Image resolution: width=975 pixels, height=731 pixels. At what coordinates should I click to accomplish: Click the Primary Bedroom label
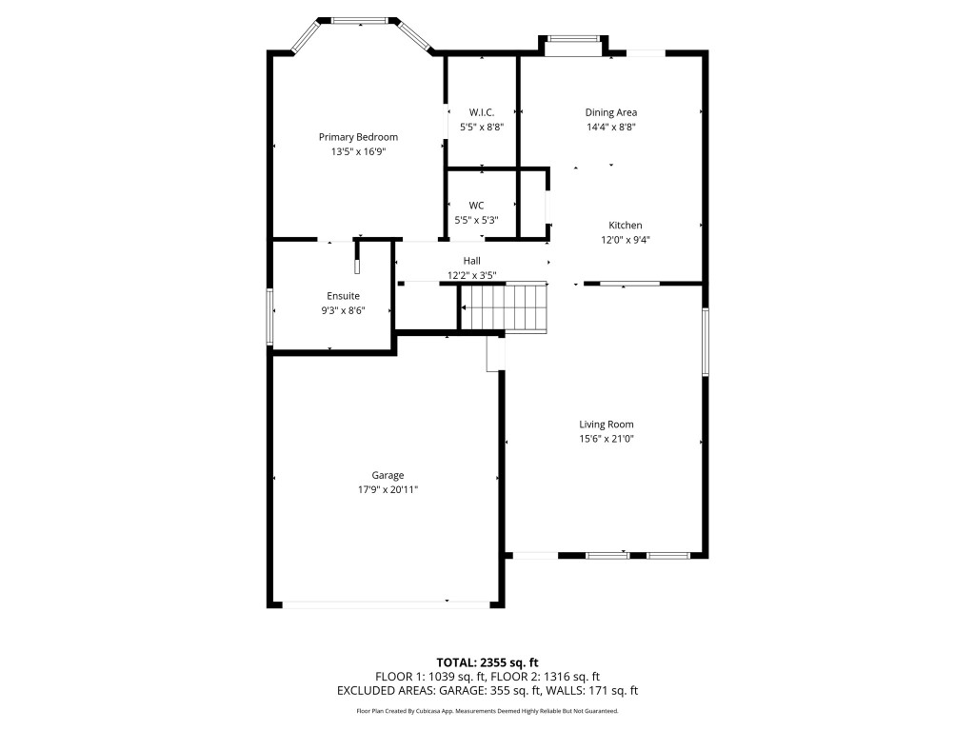pos(358,137)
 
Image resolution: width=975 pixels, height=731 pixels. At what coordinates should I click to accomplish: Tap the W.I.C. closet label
pos(482,112)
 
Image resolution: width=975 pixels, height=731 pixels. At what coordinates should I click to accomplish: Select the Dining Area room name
pos(610,112)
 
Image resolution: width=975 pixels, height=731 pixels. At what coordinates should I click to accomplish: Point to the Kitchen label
pos(626,226)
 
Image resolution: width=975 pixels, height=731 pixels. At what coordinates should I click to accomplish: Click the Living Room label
pos(607,425)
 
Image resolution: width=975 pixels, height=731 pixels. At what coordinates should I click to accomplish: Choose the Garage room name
pos(388,475)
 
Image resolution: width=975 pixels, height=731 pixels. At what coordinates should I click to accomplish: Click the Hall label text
pos(471,261)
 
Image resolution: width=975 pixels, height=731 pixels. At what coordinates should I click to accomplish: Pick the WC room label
pos(476,206)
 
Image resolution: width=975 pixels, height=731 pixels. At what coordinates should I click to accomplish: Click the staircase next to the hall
pos(505,308)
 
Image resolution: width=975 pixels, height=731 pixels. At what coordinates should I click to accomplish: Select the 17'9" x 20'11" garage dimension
pos(388,489)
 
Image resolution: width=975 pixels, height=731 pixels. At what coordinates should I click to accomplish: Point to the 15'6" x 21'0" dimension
pos(607,439)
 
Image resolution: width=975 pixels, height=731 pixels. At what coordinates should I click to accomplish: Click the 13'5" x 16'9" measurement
pos(358,151)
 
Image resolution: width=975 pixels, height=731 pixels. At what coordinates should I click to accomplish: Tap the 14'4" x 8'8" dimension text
pos(610,127)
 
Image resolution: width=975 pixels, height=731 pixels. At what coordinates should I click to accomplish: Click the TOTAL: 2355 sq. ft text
pos(487,662)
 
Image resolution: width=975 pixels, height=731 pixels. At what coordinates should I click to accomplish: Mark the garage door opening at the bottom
pos(385,603)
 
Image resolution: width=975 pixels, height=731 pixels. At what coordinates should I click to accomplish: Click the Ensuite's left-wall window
pos(270,317)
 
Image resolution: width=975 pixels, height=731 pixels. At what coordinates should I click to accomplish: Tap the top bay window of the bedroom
pos(359,19)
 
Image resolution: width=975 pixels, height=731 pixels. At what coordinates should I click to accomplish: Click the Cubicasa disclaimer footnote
pos(487,711)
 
